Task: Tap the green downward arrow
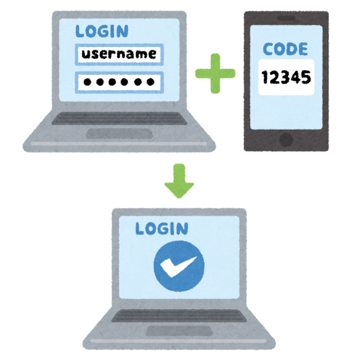(x=179, y=182)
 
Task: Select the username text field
(x=120, y=54)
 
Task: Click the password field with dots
(x=120, y=81)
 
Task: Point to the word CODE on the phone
(x=285, y=49)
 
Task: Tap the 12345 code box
(x=286, y=77)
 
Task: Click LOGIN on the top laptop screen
(x=102, y=31)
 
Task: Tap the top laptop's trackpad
(x=120, y=133)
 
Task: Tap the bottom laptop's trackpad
(x=179, y=331)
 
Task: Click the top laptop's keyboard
(x=120, y=119)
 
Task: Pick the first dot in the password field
(x=87, y=82)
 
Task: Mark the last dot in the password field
(x=151, y=82)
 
